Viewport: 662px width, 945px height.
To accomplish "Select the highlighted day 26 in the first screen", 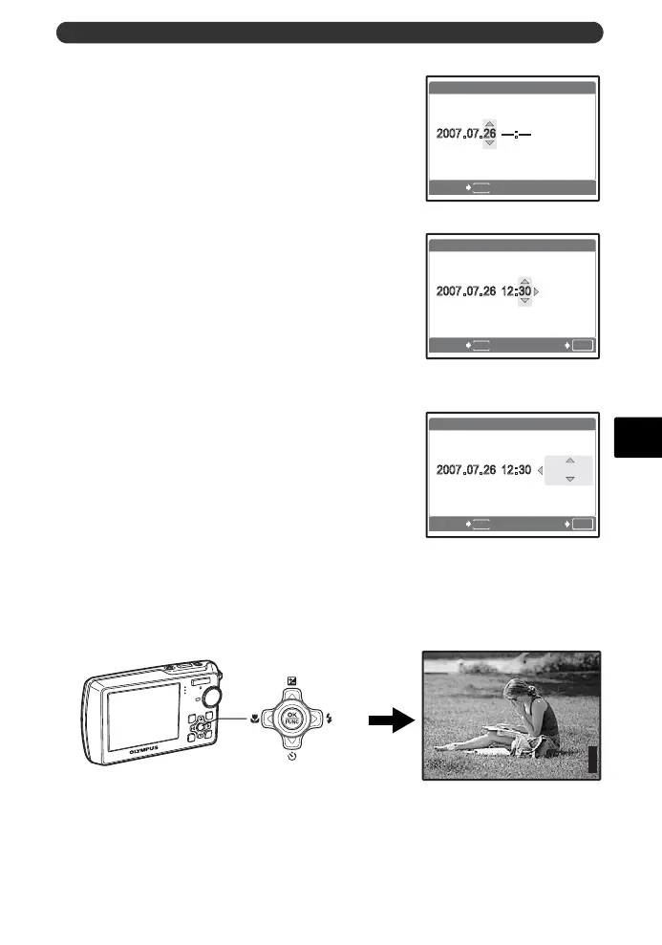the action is coord(489,134).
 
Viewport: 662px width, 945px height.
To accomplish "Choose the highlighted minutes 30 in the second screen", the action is coord(523,291).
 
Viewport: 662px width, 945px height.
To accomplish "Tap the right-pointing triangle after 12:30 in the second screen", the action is coord(537,291).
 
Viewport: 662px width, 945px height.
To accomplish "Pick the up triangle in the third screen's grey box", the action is coord(569,461).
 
